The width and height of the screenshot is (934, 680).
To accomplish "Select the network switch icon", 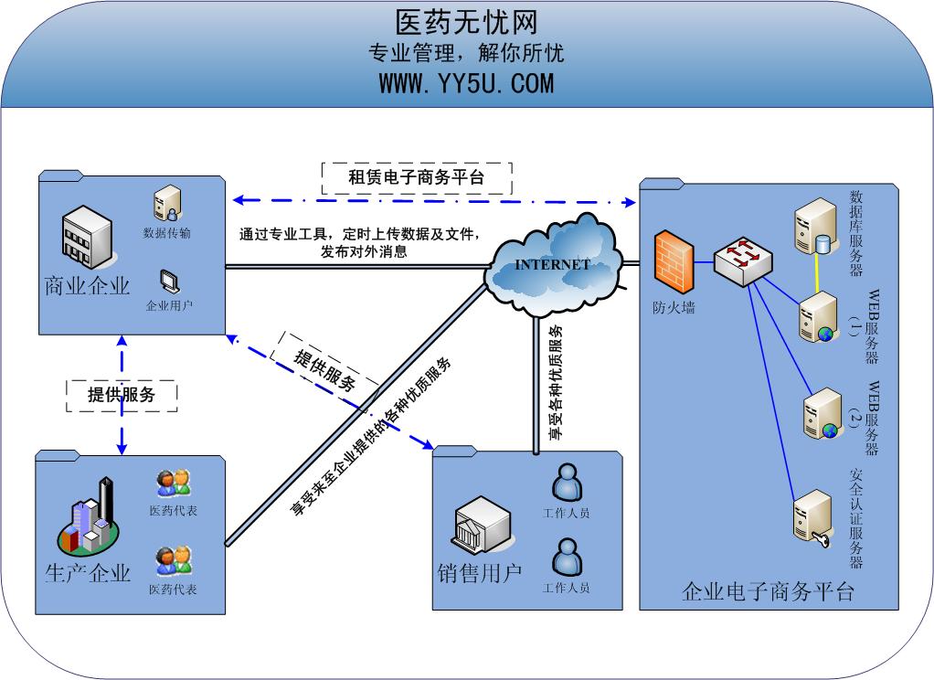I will click(x=742, y=260).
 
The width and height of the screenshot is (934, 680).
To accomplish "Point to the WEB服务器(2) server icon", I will click(x=821, y=413).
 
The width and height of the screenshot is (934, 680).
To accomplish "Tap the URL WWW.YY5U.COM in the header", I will click(x=466, y=83).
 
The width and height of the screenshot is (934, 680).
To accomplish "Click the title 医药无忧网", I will click(x=466, y=22).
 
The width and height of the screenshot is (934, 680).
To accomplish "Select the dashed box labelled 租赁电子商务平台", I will click(x=417, y=177).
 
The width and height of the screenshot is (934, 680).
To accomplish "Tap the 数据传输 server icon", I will click(x=167, y=203).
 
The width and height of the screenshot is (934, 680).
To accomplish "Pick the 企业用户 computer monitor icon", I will click(x=169, y=281).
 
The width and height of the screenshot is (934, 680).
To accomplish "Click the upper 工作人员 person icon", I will click(x=567, y=481).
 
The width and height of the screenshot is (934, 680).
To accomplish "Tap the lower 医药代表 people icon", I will click(x=173, y=560).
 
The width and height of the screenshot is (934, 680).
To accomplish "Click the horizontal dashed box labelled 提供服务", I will click(x=121, y=395).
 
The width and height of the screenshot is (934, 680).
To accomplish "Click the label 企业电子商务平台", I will click(x=767, y=592).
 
